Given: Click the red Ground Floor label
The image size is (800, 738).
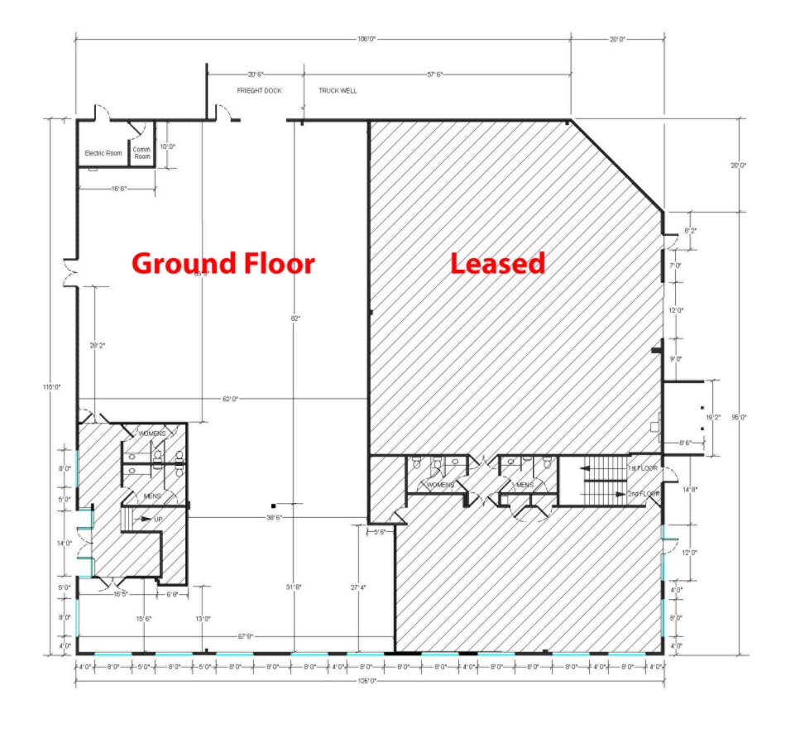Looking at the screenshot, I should [x=223, y=264].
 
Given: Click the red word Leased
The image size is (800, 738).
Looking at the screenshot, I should [x=497, y=263].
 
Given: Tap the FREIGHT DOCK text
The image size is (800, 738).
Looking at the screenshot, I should [x=259, y=91].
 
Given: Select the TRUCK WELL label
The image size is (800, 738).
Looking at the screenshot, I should [x=338, y=91].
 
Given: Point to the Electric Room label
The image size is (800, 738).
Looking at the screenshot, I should [x=103, y=153].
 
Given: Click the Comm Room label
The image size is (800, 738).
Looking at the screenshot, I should [x=142, y=153].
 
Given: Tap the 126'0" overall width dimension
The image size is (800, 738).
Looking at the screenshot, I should [x=366, y=681].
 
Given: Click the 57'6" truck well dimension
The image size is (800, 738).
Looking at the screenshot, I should [x=434, y=74].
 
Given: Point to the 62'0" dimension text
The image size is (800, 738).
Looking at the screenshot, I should [x=230, y=400].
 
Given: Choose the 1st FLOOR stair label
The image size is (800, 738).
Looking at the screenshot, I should [x=642, y=468].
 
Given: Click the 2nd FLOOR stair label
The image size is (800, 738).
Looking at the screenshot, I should [x=644, y=494].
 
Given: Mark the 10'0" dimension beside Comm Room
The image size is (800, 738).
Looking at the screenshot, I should [x=168, y=146].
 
